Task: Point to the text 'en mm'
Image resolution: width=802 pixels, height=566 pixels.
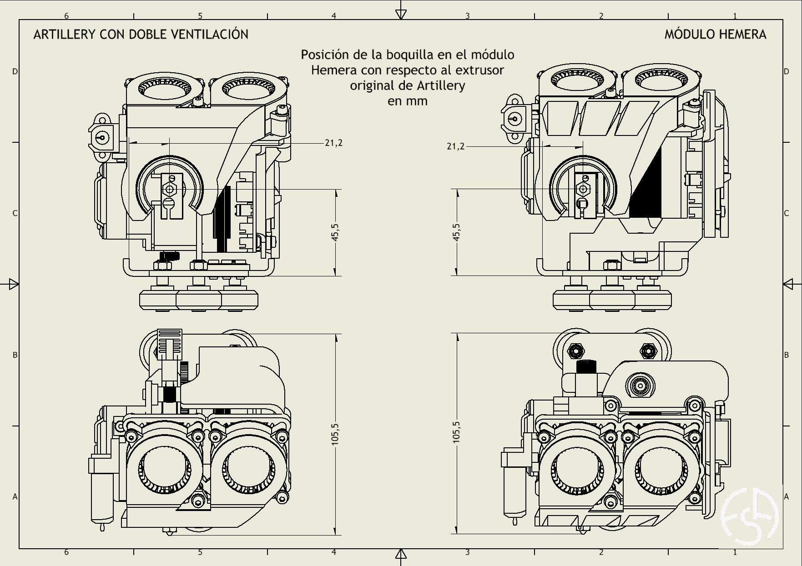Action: [x=407, y=101]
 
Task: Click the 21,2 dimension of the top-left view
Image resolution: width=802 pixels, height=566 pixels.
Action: [x=333, y=143]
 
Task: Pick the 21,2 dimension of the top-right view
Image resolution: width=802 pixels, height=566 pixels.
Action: [x=456, y=146]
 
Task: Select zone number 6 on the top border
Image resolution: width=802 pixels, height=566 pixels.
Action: [x=66, y=16]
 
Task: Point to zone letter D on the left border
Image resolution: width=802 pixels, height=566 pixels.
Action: [x=15, y=71]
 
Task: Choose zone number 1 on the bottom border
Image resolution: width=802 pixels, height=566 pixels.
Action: [x=735, y=552]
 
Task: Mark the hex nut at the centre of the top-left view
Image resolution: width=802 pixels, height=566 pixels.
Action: [x=171, y=189]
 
